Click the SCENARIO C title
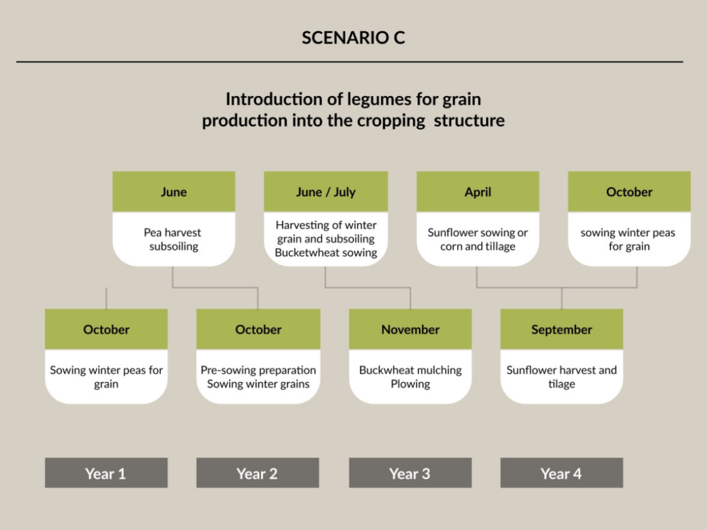point(353,37)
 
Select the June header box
point(173,192)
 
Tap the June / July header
point(326,192)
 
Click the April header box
point(478,192)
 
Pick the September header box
point(561,329)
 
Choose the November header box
point(410,329)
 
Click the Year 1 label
point(106,473)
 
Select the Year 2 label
point(258,473)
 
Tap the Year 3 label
point(410,473)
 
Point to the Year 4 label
point(561,473)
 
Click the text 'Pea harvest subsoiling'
point(173,239)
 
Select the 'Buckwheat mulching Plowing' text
point(410,377)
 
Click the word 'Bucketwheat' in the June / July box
point(302,253)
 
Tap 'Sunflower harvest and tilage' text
point(561,377)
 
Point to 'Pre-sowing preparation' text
point(258,370)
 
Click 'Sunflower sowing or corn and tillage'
point(478,239)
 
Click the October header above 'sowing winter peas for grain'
point(629,192)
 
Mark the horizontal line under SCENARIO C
point(349,61)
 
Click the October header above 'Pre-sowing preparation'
point(258,329)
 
